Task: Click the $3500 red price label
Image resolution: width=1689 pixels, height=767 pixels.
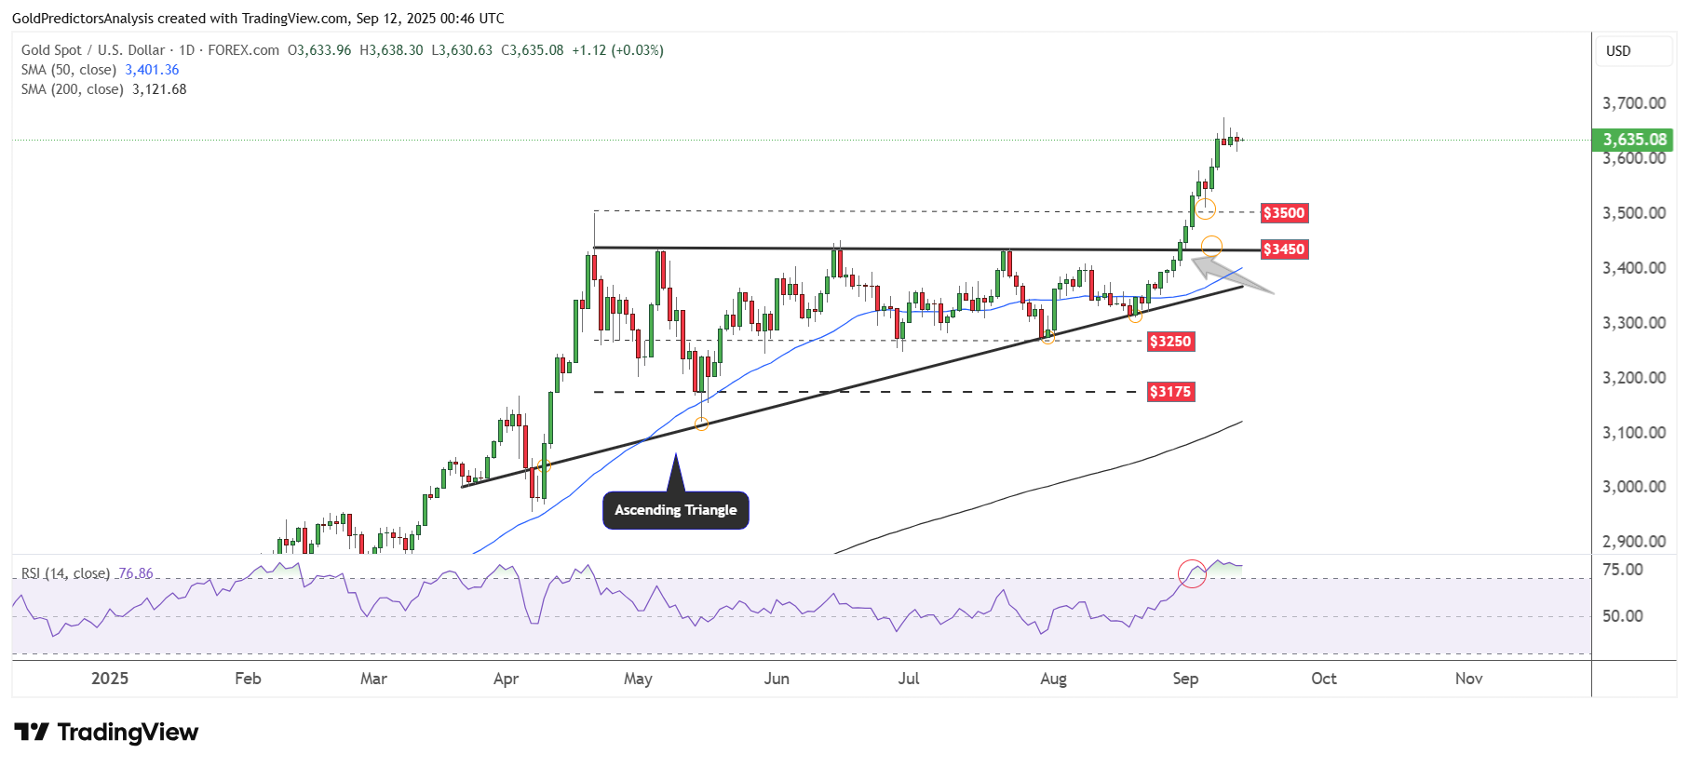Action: tap(1284, 213)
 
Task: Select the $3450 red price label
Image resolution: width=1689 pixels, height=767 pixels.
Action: tap(1284, 249)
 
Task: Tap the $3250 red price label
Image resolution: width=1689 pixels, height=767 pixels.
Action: tap(1170, 342)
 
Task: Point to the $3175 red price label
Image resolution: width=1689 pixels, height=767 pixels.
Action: tap(1170, 392)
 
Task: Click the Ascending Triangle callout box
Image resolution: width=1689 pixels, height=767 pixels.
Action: tap(676, 510)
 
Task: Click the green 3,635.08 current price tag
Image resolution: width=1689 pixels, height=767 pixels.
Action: tap(1634, 140)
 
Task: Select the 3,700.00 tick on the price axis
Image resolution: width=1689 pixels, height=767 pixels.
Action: tap(1634, 103)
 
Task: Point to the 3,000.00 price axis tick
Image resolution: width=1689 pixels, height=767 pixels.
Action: tap(1634, 487)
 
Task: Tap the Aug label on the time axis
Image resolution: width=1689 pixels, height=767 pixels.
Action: tap(1053, 679)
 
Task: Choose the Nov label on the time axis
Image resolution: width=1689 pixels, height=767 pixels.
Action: tap(1468, 679)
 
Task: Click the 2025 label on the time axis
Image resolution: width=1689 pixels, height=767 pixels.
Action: tap(110, 679)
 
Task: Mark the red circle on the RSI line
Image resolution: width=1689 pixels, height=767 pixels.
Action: tap(1192, 573)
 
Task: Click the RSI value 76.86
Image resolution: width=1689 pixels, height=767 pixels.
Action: tap(136, 573)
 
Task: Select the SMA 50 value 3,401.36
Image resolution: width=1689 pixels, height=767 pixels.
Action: tap(152, 70)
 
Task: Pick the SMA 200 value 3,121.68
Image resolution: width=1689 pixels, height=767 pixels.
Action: tap(159, 89)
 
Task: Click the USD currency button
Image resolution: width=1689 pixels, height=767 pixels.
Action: tap(1618, 51)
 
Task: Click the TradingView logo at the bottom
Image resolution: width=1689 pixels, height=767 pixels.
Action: tap(106, 733)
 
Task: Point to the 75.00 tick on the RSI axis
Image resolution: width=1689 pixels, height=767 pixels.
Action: tap(1621, 570)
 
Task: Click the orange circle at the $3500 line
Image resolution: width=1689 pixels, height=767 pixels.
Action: tap(1206, 209)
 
